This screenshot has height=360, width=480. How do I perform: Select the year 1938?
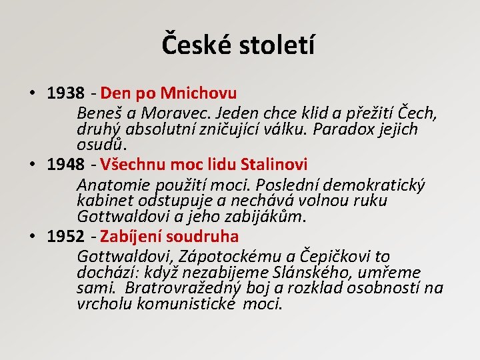coord(66,93)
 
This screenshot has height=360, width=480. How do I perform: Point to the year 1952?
coord(66,237)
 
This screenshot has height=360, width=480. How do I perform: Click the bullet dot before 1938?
coord(32,93)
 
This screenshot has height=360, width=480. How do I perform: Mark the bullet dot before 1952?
coord(32,237)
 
